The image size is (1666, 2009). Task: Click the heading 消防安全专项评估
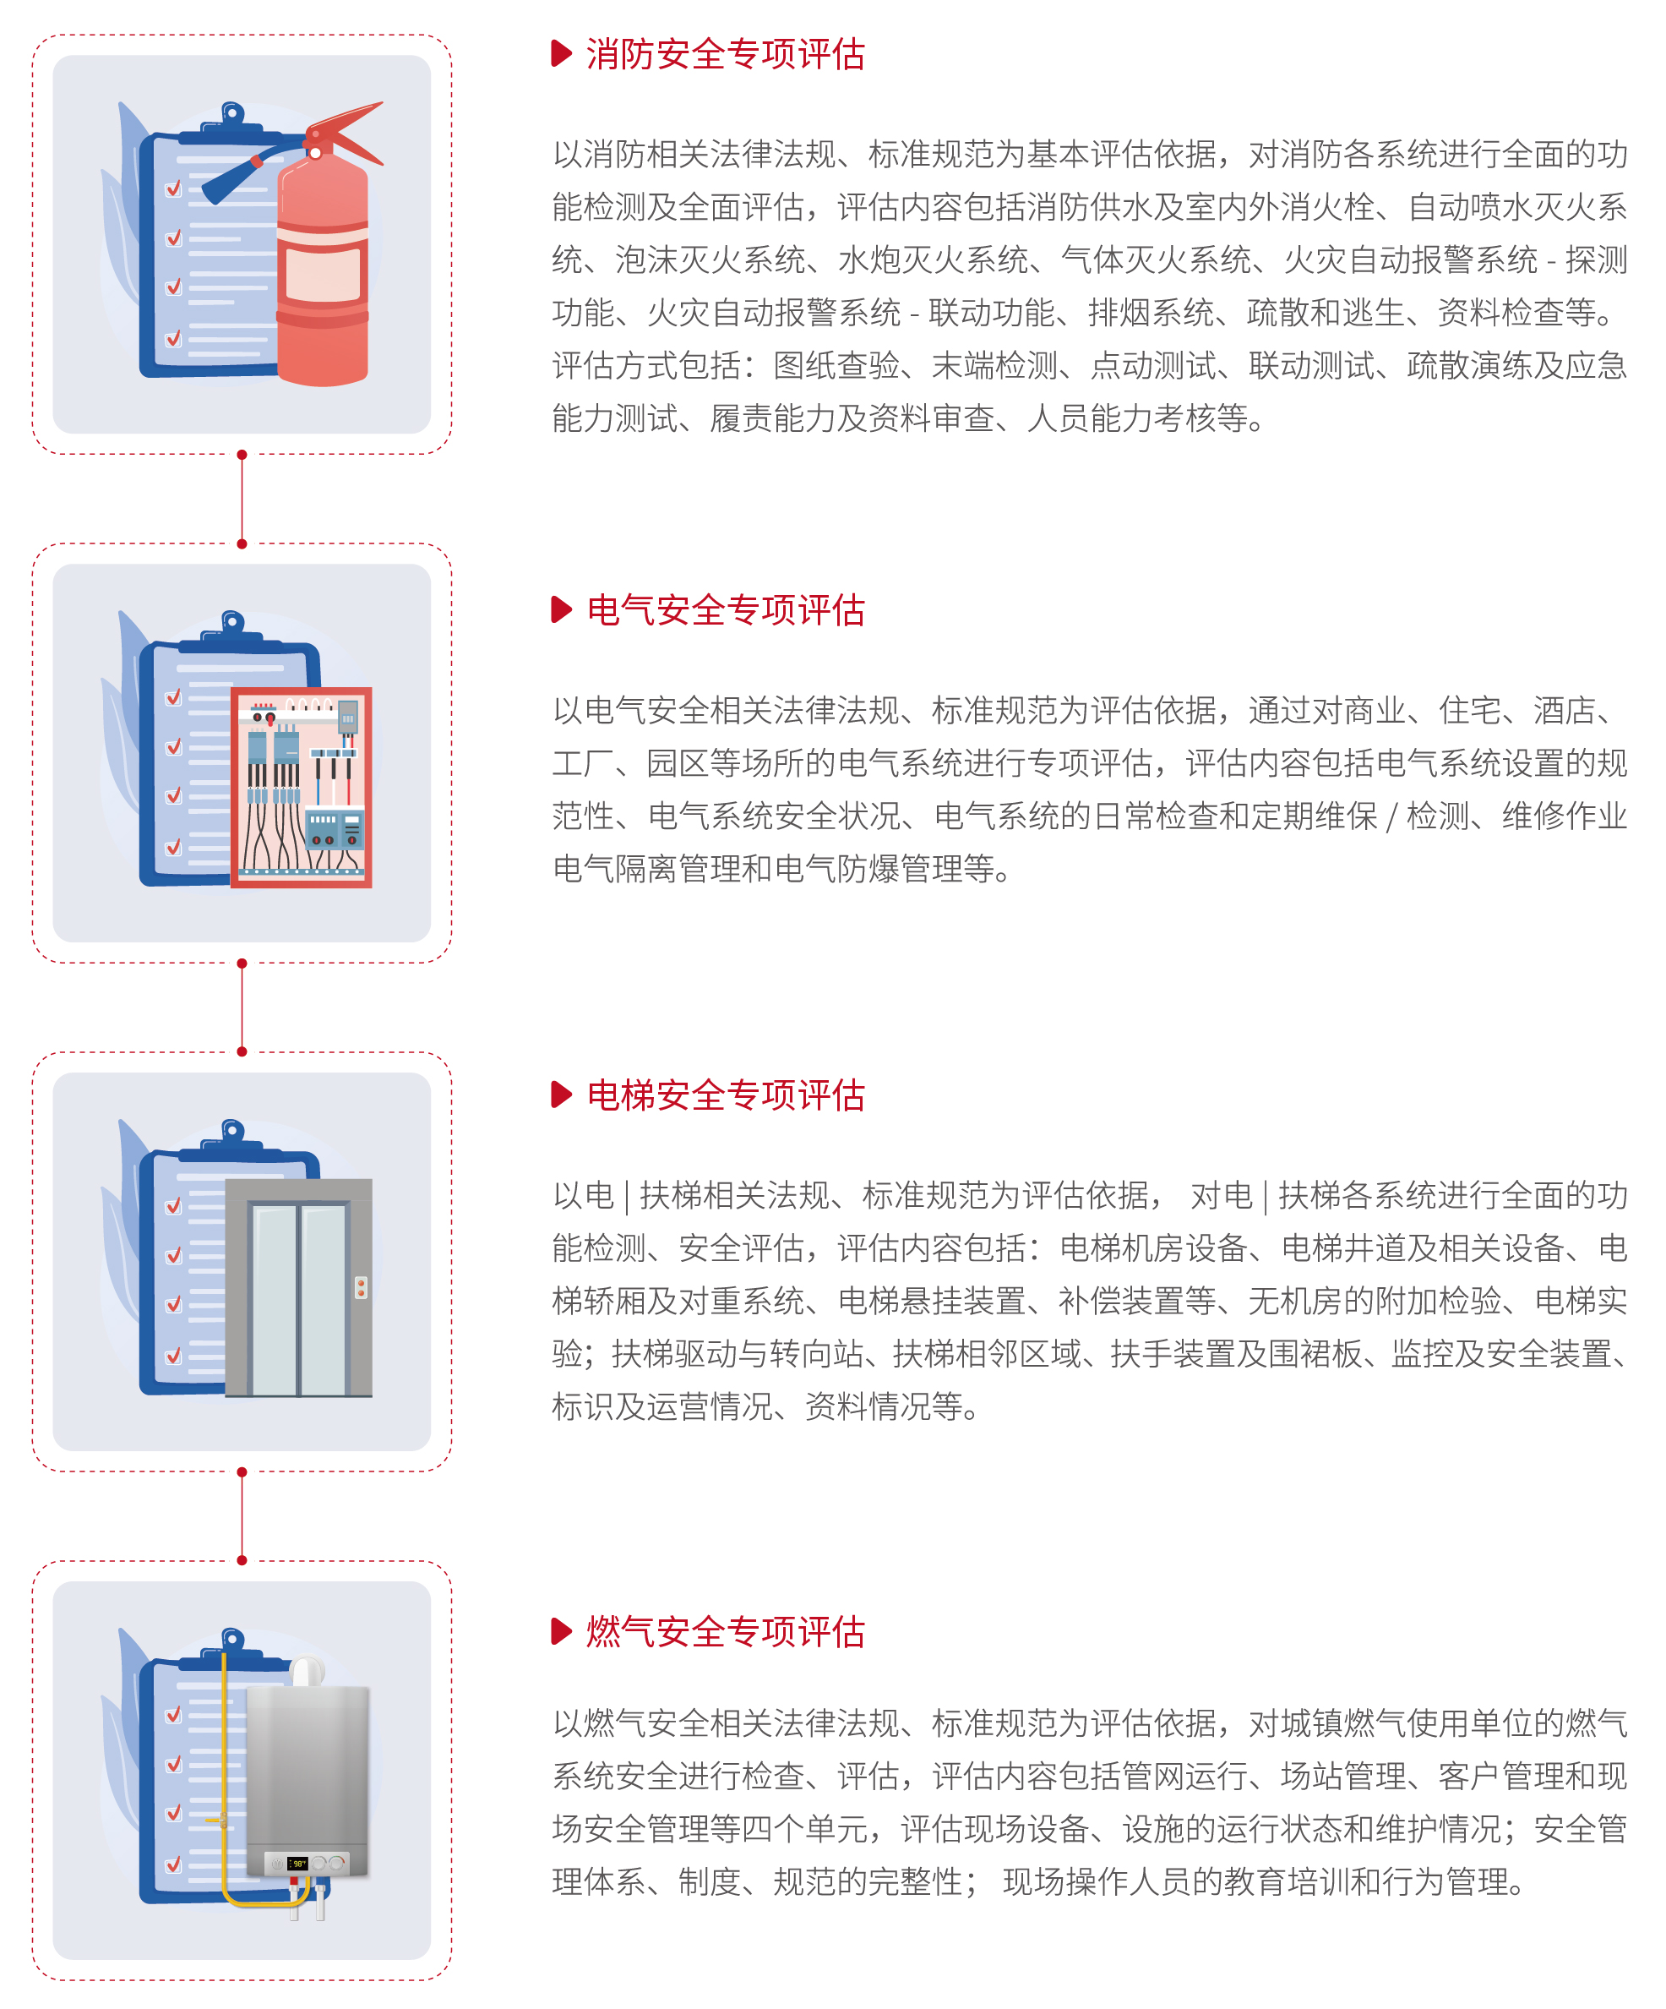pyautogui.click(x=725, y=55)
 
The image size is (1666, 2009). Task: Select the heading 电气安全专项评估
pyautogui.click(x=725, y=609)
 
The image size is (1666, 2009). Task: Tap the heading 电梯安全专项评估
pyautogui.click(x=725, y=1095)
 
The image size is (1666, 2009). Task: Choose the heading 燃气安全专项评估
pyautogui.click(x=725, y=1631)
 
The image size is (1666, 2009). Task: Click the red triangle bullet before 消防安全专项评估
pyautogui.click(x=562, y=53)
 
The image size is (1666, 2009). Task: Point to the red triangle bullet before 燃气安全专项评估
pyautogui.click(x=562, y=1631)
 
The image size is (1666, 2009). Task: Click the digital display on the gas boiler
pyautogui.click(x=297, y=1864)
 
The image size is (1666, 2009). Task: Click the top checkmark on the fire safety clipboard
pyautogui.click(x=174, y=188)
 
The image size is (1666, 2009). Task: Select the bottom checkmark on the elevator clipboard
pyautogui.click(x=174, y=1356)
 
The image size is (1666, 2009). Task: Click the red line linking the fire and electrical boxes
pyautogui.click(x=242, y=500)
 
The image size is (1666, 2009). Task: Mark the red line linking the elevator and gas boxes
pyautogui.click(x=242, y=1516)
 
